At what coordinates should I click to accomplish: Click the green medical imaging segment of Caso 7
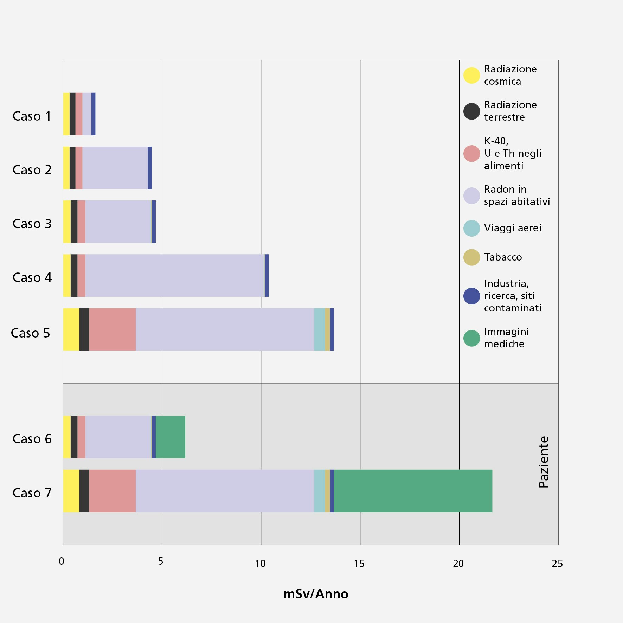point(413,491)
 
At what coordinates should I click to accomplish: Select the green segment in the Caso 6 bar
point(171,437)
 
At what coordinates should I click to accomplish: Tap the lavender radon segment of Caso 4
point(174,275)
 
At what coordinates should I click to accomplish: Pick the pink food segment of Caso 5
point(113,329)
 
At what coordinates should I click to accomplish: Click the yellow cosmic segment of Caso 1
point(66,114)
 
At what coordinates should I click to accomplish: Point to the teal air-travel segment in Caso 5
point(319,329)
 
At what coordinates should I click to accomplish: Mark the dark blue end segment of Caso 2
point(150,168)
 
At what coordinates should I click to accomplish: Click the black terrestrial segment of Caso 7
point(84,491)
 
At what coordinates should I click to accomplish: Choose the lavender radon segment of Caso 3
point(118,221)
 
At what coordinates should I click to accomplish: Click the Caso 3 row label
point(32,224)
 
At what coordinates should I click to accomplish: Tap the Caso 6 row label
point(32,439)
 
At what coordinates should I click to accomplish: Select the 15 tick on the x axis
point(359,564)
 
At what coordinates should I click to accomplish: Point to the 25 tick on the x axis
point(557,564)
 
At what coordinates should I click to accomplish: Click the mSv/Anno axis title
point(316,594)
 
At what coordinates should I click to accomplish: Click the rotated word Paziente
point(544,462)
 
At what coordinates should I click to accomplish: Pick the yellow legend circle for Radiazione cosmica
point(471,75)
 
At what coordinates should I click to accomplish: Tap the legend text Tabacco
point(503,257)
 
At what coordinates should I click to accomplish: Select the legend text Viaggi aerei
point(513,228)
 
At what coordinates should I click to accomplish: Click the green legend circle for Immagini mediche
point(471,338)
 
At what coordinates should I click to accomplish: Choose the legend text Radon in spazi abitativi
point(516,195)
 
